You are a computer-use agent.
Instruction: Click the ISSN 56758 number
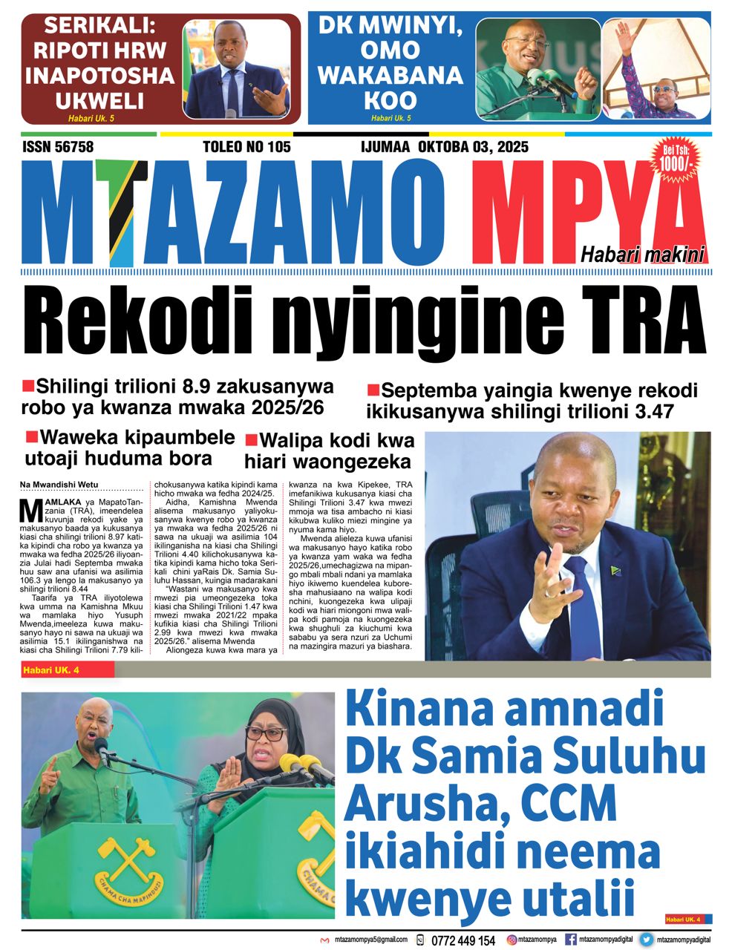click(58, 147)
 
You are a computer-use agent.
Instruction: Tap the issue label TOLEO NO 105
click(246, 147)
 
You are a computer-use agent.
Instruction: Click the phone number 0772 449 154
click(463, 940)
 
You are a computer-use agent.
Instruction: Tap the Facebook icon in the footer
click(571, 940)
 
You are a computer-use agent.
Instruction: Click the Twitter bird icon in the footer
click(647, 940)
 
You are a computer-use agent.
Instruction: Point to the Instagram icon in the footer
click(512, 940)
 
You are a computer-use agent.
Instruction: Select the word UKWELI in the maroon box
click(98, 101)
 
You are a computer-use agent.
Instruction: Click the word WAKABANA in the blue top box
click(390, 76)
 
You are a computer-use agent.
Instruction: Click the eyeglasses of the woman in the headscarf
click(266, 733)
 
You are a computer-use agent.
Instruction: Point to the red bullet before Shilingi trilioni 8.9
click(29, 385)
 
